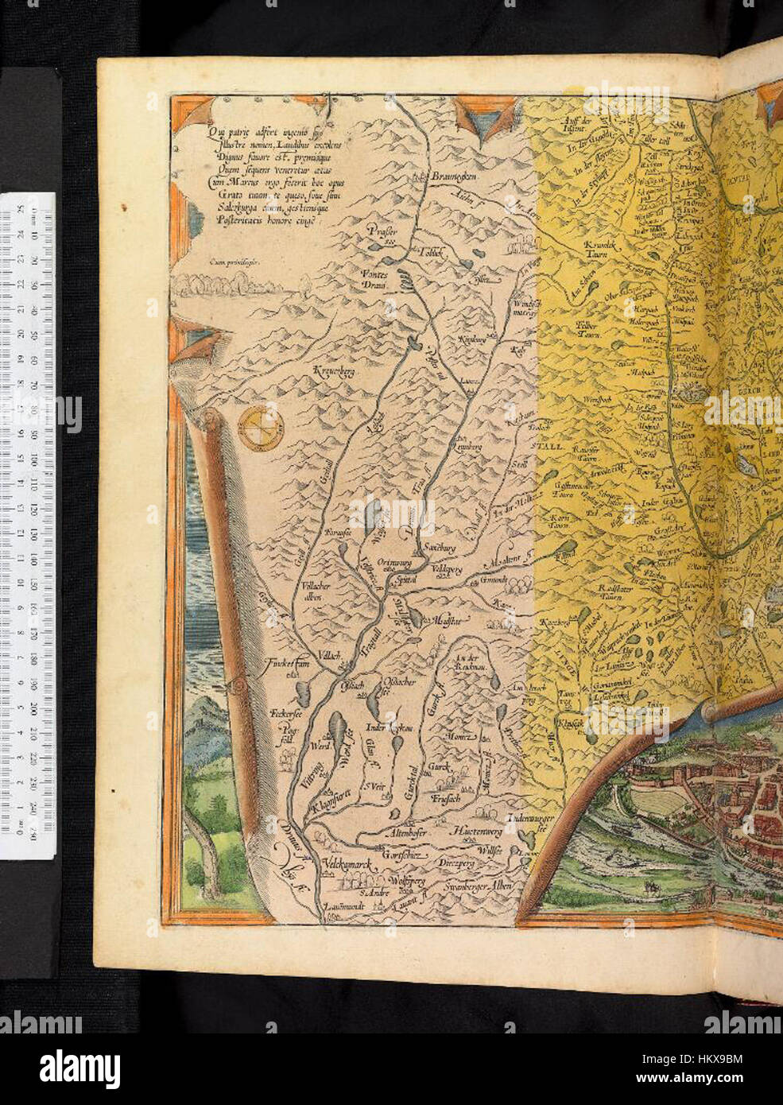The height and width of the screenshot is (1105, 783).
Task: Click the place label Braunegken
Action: click(444, 176)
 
